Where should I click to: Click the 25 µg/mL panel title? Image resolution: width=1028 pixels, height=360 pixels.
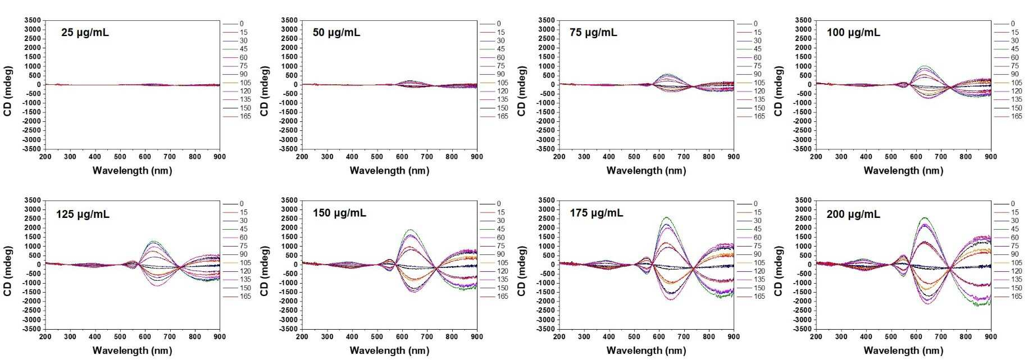click(85, 33)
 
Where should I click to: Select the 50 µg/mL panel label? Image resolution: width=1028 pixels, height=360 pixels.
click(336, 33)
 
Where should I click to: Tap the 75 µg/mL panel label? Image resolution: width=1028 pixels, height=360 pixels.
click(593, 33)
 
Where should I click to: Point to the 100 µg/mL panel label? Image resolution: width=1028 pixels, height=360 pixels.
click(853, 33)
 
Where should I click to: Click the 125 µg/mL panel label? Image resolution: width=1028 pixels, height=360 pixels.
click(83, 214)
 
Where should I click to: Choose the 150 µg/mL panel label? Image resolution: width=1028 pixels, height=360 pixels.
click(339, 213)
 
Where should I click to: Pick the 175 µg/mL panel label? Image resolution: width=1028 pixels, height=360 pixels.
click(596, 213)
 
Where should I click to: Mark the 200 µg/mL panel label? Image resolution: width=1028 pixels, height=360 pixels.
click(853, 214)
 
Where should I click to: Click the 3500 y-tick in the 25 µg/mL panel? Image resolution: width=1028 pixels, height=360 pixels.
click(33, 21)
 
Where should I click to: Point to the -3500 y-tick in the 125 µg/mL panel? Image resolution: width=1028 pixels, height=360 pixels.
click(31, 329)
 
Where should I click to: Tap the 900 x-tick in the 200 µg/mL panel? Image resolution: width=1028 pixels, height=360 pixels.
click(990, 336)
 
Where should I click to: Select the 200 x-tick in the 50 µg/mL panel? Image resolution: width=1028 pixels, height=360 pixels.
click(302, 157)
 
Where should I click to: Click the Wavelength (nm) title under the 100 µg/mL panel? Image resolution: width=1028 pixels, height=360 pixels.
click(903, 170)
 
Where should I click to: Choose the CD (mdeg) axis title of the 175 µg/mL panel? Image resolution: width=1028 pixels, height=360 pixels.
click(521, 271)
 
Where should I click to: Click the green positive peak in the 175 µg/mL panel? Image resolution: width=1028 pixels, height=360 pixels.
click(666, 217)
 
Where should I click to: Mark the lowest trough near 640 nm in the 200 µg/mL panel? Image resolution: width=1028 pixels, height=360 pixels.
click(927, 303)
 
